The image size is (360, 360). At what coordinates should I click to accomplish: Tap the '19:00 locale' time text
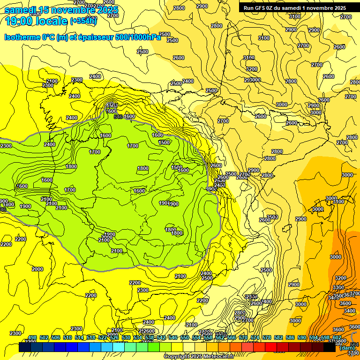tap(36, 21)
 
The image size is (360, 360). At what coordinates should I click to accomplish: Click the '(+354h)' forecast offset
tap(83, 21)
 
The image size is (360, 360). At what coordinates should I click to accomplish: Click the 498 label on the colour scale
tap(32, 337)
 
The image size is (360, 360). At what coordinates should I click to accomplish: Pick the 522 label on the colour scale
tap(103, 337)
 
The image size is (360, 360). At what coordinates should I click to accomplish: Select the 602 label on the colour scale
tap(337, 337)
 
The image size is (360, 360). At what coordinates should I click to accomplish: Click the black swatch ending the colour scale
tap(330, 347)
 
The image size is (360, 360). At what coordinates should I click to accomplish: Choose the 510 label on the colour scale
tap(67, 337)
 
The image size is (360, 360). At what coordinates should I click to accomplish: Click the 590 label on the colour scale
tap(302, 337)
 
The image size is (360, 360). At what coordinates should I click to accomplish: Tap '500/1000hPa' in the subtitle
tap(138, 37)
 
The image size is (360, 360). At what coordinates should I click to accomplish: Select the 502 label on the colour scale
tap(44, 337)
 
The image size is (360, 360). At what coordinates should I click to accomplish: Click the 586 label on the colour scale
tap(290, 337)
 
